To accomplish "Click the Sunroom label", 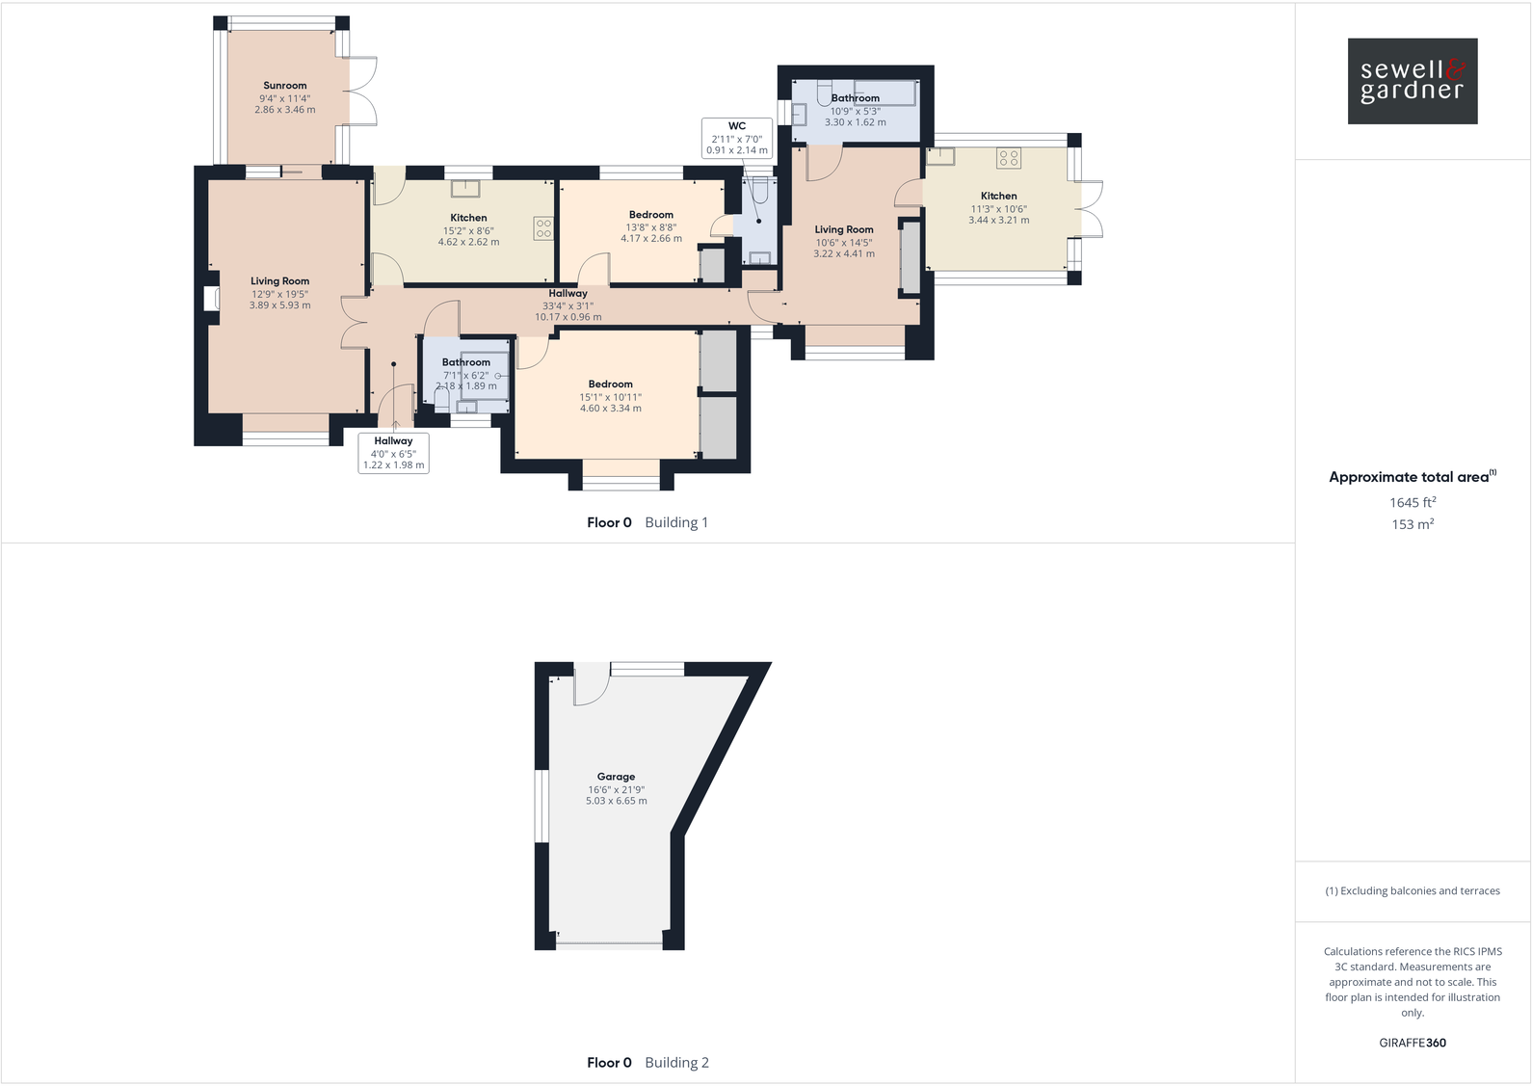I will pos(285,86).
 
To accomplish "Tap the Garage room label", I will pos(616,777).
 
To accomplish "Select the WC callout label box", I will pos(737,138).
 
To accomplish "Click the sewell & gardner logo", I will pos(1412,81).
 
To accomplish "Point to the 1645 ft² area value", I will pos(1412,502).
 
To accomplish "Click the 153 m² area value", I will pos(1412,524).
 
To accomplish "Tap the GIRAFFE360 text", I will pos(1412,1043).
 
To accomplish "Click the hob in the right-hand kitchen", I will pos(1009,157).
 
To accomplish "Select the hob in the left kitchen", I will pos(543,228).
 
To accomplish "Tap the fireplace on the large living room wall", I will pos(209,300).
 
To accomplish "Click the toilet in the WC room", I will pos(760,194).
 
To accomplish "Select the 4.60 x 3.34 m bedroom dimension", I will pos(610,409).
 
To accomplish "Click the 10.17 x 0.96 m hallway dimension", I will pos(568,317).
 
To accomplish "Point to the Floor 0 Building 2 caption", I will pos(647,1063).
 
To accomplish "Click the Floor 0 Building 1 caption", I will pos(647,522).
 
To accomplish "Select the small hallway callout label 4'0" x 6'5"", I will pos(393,453).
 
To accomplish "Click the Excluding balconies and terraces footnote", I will pos(1412,890).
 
